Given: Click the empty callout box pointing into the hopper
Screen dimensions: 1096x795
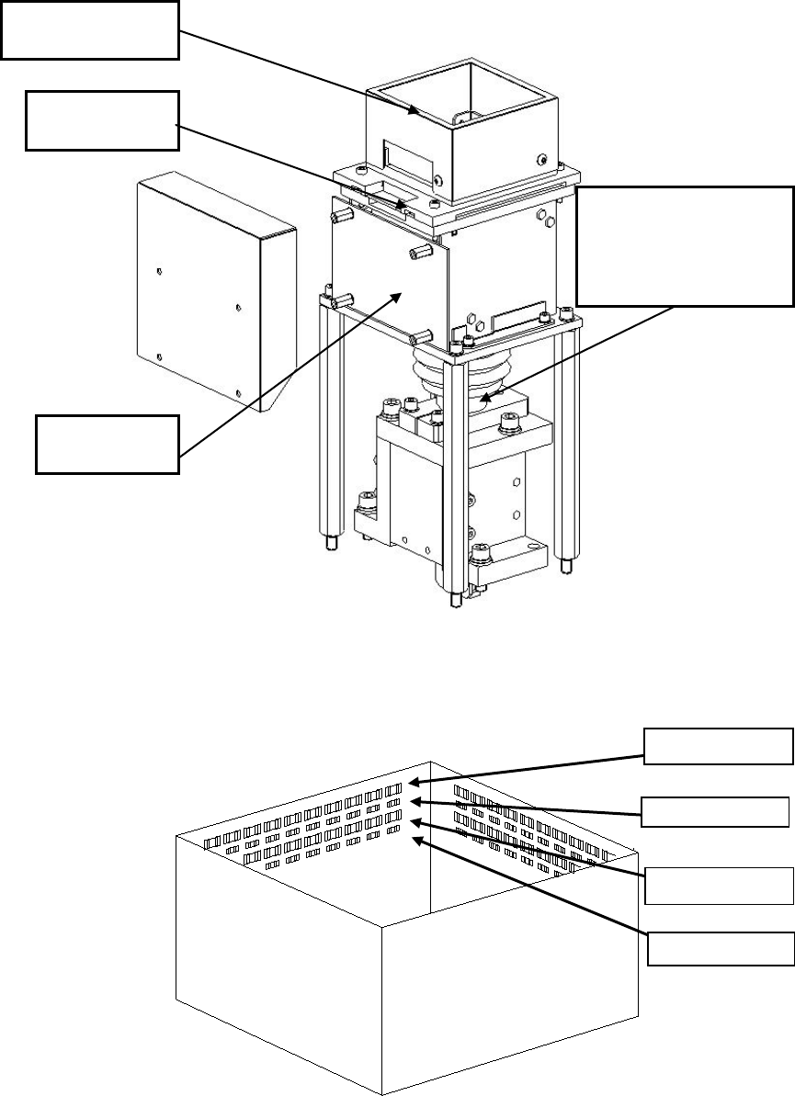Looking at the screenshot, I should click(89, 29).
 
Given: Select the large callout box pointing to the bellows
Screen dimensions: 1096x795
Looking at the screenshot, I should click(685, 245).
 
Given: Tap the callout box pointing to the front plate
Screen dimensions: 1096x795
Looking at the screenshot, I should click(107, 445).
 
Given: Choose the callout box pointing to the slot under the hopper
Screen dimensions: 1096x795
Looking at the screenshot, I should click(101, 119).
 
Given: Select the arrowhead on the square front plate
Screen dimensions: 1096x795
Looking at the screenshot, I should click(399, 296).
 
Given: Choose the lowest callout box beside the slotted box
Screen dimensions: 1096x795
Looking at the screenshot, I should click(721, 949).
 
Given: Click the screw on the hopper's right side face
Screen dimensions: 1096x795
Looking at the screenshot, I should click(546, 159).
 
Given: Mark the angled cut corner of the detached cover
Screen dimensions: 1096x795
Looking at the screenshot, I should click(272, 400).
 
